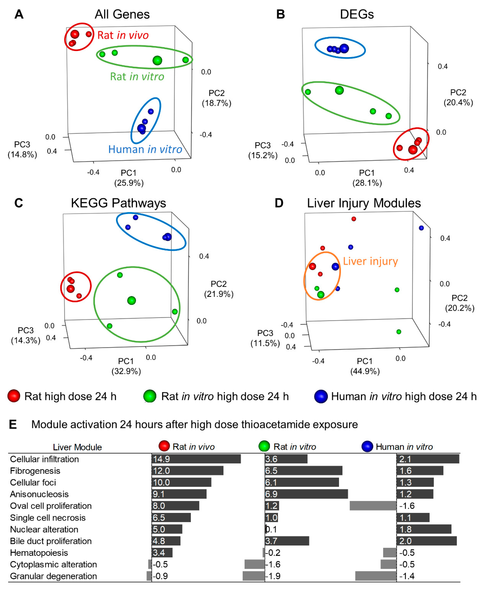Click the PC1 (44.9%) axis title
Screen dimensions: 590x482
pos(365,366)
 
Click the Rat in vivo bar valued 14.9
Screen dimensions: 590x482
pos(196,459)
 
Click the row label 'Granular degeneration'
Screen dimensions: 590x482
pos(53,576)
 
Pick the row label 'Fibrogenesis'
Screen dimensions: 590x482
pos(35,471)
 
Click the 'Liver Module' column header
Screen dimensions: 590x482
pos(77,447)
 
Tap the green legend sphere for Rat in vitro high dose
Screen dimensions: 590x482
pos(150,396)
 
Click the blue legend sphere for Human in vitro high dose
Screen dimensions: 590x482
pos(321,396)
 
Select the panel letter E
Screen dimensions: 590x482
pos(13,424)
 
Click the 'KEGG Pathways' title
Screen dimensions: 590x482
pos(118,203)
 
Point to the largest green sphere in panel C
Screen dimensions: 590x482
pos(131,300)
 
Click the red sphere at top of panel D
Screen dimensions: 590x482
pos(354,219)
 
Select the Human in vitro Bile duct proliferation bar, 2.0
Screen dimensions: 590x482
pos(426,541)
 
